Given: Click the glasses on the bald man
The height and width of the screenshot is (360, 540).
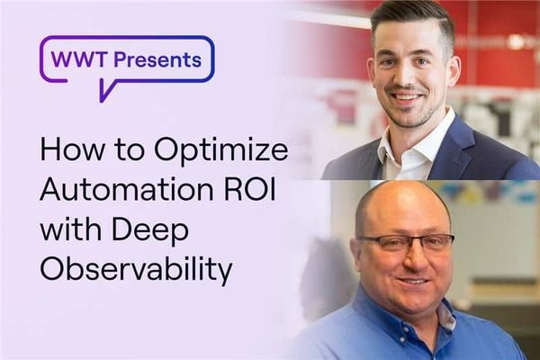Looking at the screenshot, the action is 406,243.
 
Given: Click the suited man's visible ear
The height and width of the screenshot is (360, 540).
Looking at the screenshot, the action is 454,71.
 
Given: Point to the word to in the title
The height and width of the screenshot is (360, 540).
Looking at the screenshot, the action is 126,150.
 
